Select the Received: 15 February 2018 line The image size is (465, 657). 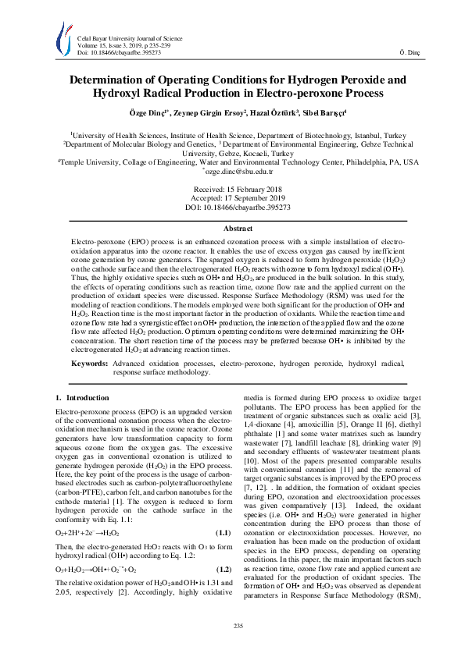click(232, 190)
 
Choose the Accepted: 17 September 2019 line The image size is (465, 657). click(232, 199)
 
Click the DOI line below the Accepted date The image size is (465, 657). click(232, 208)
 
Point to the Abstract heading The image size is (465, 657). click(232, 228)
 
